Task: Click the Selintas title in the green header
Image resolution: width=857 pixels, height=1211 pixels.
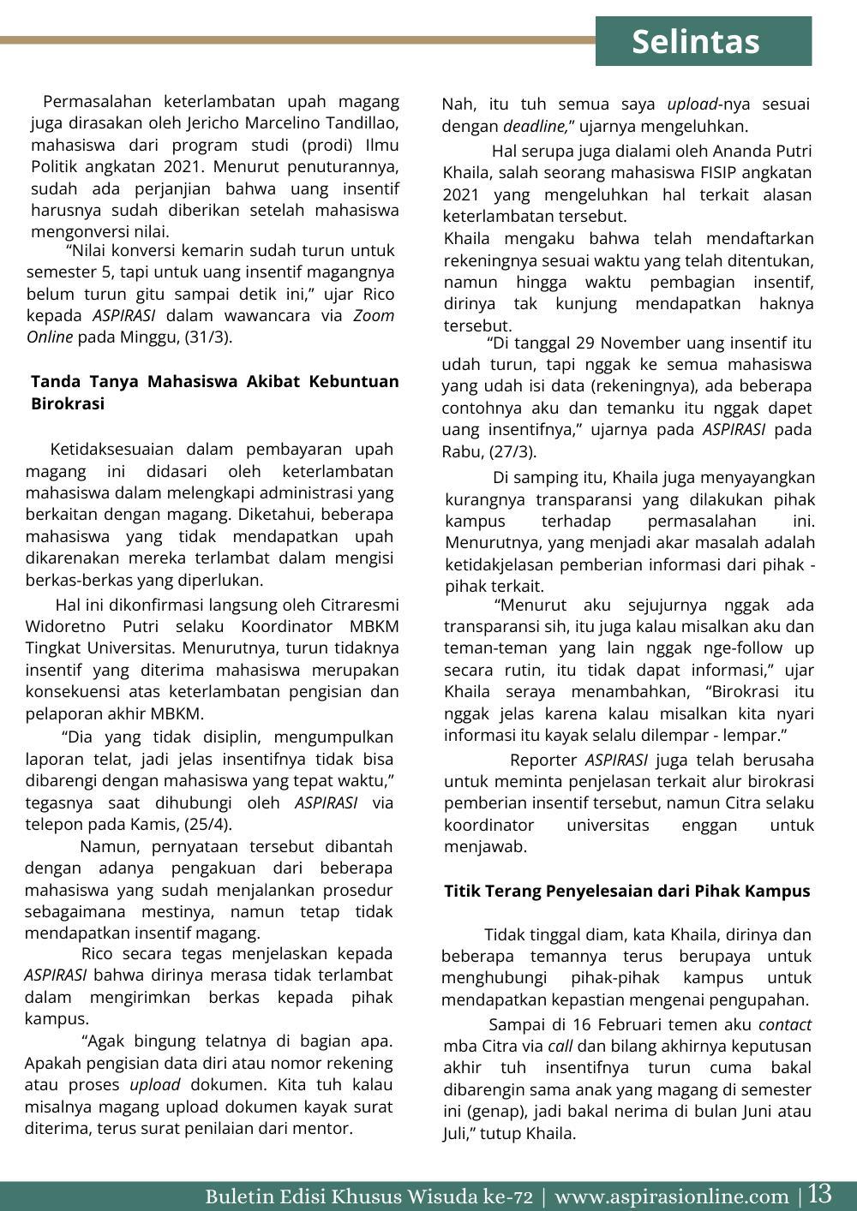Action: (695, 42)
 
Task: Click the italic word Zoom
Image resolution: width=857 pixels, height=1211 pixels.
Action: (374, 315)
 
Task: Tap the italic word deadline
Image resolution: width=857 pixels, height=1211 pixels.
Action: (535, 126)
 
